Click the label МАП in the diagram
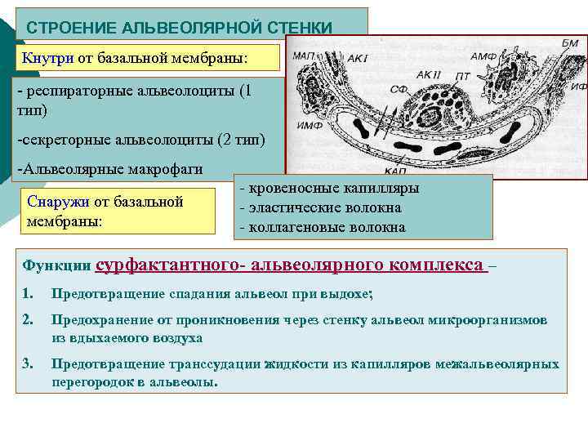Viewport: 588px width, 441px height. tap(305, 55)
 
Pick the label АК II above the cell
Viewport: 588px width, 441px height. tap(428, 74)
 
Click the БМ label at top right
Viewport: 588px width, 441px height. tap(569, 42)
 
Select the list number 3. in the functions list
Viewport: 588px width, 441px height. tap(28, 364)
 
